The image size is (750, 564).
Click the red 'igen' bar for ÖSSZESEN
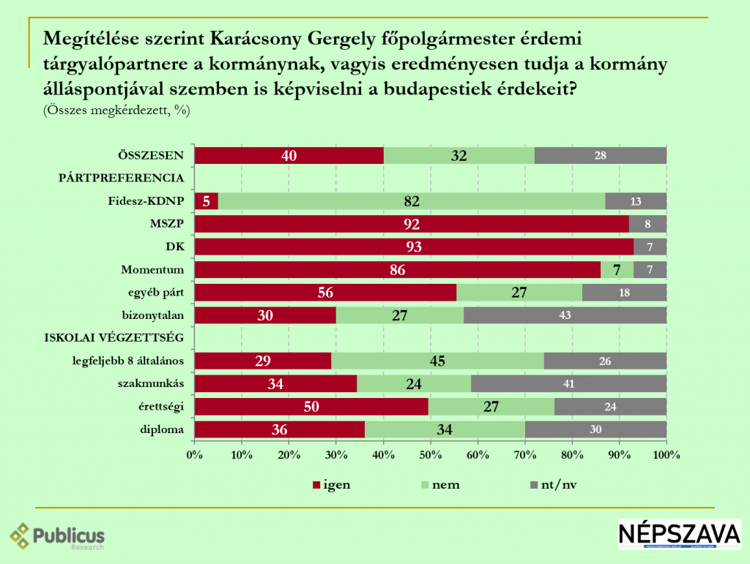(x=289, y=155)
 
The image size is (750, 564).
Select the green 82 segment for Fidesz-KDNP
(x=412, y=201)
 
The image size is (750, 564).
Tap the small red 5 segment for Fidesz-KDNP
(x=206, y=201)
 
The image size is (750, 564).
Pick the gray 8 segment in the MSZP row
(x=647, y=224)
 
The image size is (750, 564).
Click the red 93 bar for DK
(x=413, y=247)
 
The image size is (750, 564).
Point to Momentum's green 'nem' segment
(x=617, y=270)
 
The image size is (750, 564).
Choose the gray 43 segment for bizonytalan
(x=565, y=315)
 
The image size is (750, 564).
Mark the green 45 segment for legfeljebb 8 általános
(x=437, y=361)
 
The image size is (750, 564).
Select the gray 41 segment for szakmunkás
(x=568, y=383)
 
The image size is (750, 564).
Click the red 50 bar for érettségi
(x=311, y=406)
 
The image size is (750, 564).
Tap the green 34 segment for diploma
(x=445, y=429)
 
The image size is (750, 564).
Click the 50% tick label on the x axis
(x=430, y=455)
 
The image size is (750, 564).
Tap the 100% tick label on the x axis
(x=666, y=455)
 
